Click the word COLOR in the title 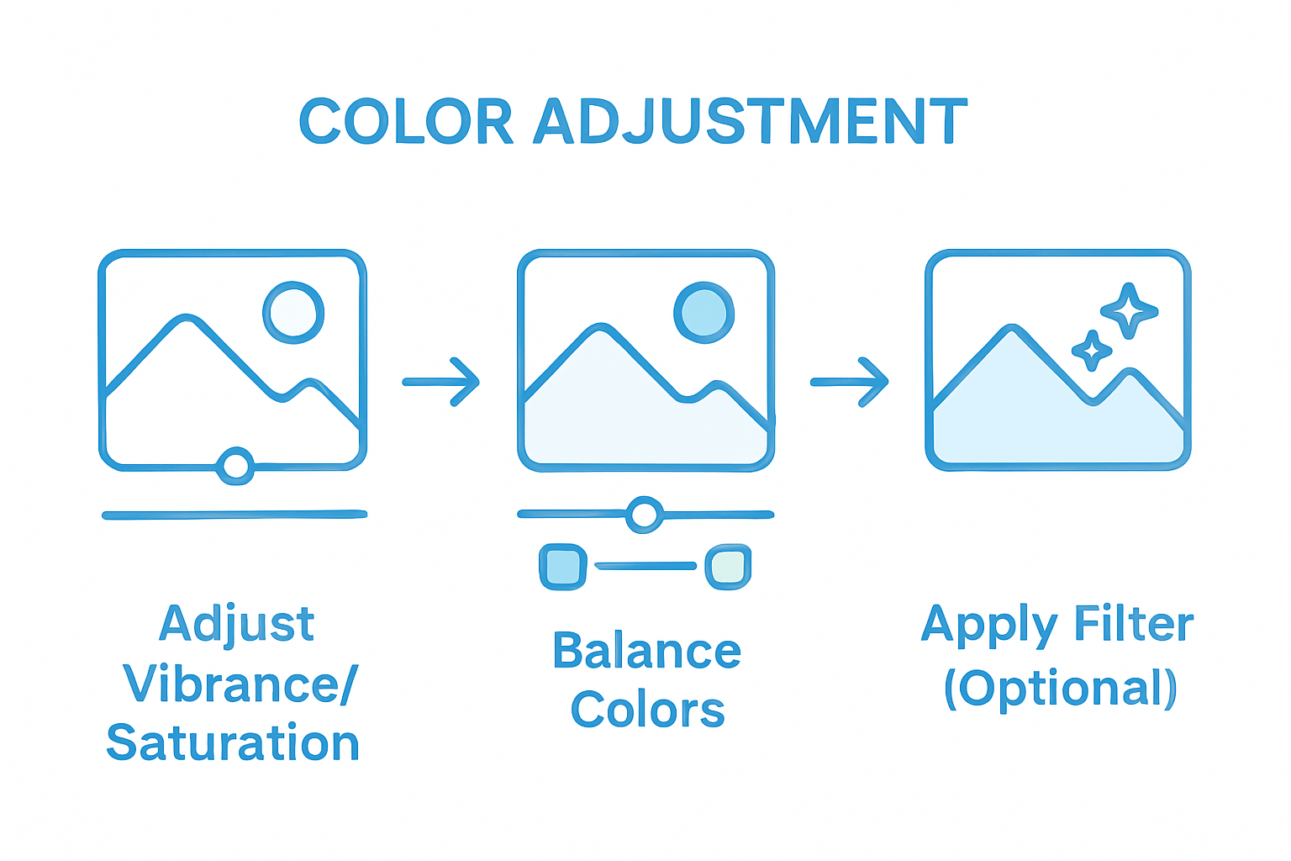tap(405, 122)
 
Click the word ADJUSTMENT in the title tap(751, 122)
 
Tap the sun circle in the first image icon tap(293, 313)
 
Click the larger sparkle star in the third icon tap(1130, 310)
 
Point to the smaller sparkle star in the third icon tap(1092, 350)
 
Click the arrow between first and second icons tap(441, 382)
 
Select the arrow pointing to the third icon tap(850, 382)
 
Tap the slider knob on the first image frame tap(235, 465)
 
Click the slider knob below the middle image tap(645, 515)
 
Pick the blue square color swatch tap(562, 567)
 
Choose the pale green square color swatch tap(727, 567)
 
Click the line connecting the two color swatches tap(645, 566)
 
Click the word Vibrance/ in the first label tap(241, 684)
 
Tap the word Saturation tap(233, 743)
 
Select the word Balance tap(646, 652)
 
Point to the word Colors tap(647, 710)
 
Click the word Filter tap(1134, 625)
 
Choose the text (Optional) tap(1060, 689)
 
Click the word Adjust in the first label tap(237, 625)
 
